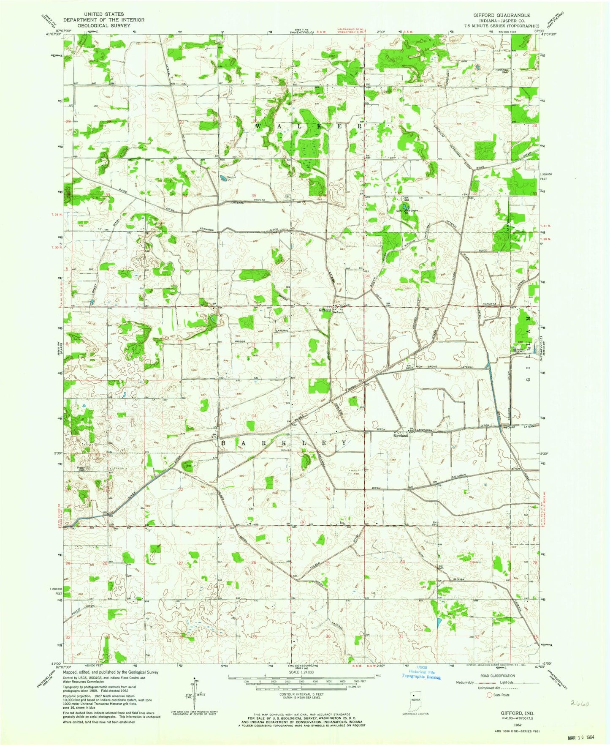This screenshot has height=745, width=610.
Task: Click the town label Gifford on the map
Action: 324,310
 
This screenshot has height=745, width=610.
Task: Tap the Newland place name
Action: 400,436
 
